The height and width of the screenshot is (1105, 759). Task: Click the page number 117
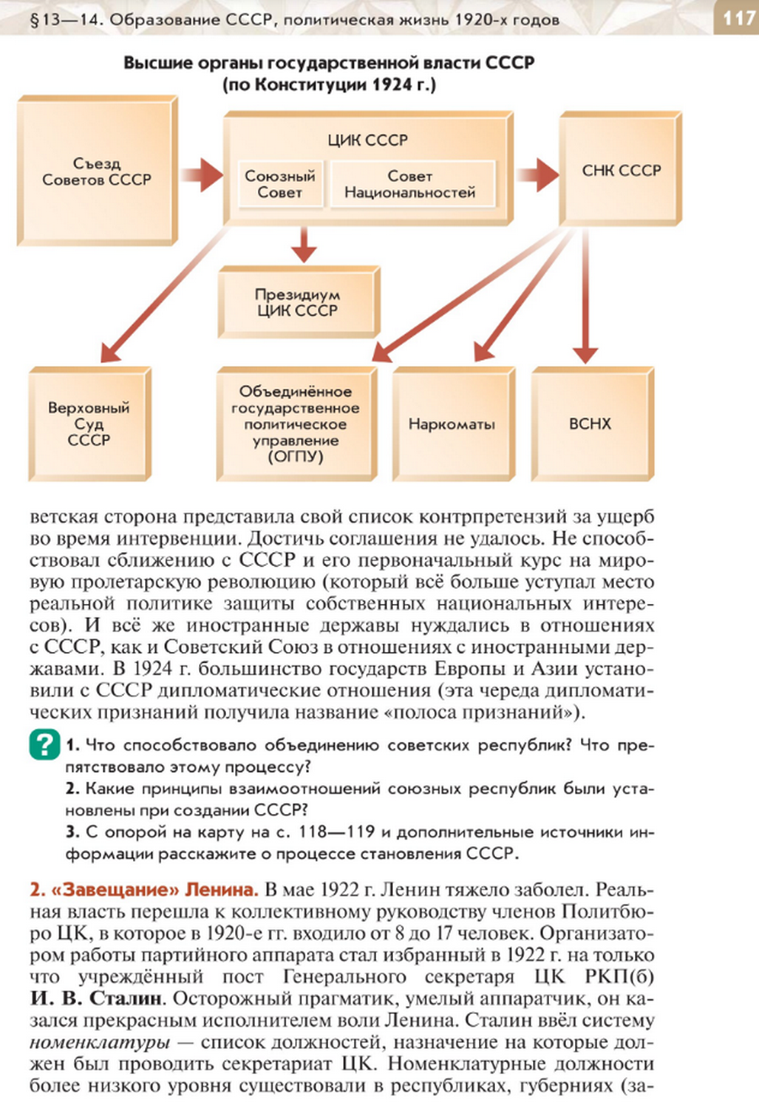coord(738,19)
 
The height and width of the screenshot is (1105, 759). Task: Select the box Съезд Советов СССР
coord(97,170)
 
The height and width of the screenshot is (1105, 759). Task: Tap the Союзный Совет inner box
coord(280,184)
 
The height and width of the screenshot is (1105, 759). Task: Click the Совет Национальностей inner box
coord(412,184)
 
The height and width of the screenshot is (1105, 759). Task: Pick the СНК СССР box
coord(621,169)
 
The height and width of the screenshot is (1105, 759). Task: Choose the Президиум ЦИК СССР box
coord(299,302)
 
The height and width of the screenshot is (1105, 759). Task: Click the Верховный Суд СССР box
coord(89,423)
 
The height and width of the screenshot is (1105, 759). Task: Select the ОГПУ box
coord(297,423)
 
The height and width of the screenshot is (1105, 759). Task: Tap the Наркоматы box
coord(454,423)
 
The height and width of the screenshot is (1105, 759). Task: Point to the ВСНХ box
coord(592,423)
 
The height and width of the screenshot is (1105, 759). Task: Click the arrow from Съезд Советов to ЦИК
coord(202,175)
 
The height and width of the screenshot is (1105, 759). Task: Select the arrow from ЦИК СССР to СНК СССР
coord(537,175)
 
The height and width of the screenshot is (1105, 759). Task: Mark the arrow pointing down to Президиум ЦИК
coord(304,245)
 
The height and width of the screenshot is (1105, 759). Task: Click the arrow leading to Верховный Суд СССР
coord(165,294)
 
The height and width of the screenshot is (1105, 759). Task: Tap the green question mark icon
coord(45,744)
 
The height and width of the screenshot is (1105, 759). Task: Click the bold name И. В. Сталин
coord(95,999)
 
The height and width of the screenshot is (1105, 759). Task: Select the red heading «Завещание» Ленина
coord(144,889)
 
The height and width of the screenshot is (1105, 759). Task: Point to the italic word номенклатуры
coord(100,1043)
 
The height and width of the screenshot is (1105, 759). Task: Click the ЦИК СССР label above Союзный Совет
coord(368,140)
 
